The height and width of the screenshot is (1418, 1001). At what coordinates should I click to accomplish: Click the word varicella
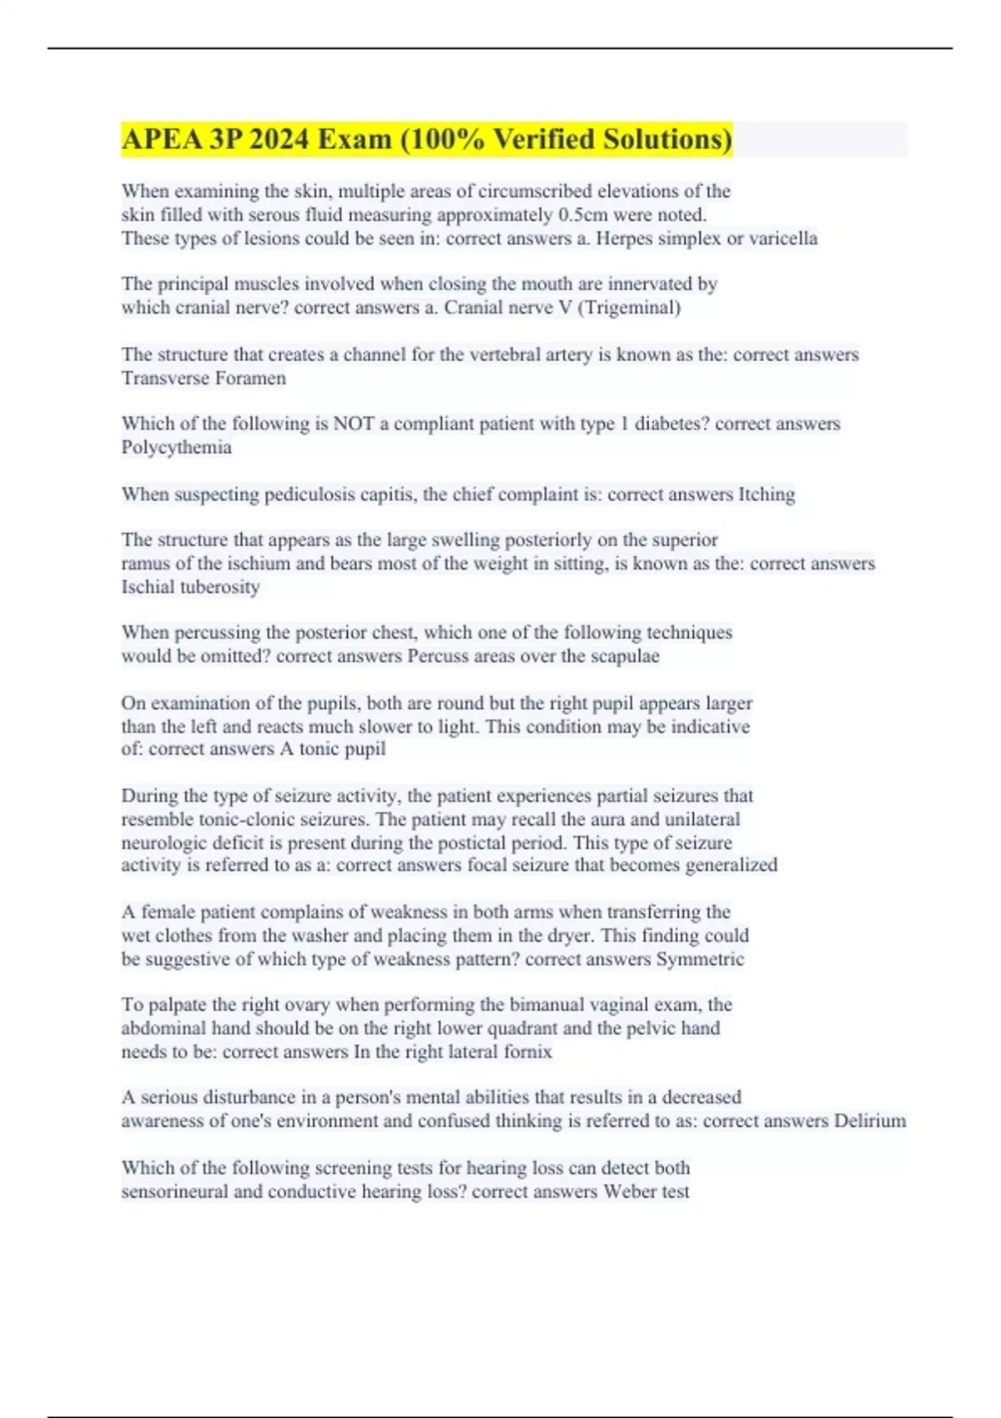coord(782,239)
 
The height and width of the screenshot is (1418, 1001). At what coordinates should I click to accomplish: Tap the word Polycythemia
coord(176,448)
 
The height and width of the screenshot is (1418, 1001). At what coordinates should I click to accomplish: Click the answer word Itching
coord(766,495)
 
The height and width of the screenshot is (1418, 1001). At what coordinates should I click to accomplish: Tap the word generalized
coord(731,865)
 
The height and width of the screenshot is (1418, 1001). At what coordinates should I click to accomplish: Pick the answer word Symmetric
coord(700,959)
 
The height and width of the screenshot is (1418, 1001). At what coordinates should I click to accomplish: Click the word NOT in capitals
coord(354,425)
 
